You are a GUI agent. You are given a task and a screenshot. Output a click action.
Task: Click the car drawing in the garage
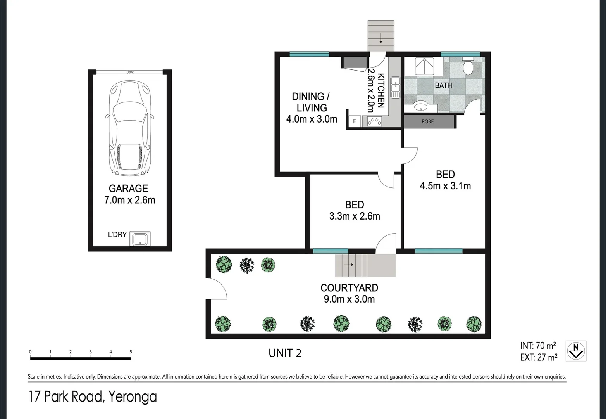coord(129,128)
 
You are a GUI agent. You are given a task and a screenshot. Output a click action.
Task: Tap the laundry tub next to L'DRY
coord(140,239)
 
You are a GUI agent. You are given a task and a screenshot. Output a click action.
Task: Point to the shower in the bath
coord(424,67)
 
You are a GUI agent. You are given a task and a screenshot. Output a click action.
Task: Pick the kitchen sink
coord(396,87)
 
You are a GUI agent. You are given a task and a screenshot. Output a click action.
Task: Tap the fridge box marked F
coord(355,121)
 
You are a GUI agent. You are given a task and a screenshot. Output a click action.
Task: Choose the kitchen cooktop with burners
coord(374,121)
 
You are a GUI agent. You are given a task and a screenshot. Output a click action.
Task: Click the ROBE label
coord(427,121)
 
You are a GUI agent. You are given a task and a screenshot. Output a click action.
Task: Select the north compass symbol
coord(576,351)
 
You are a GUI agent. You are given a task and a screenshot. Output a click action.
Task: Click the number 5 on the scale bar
coord(131,352)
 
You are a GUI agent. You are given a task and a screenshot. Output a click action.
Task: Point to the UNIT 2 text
coord(285,353)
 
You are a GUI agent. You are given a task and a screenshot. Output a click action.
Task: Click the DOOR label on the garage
coord(130,72)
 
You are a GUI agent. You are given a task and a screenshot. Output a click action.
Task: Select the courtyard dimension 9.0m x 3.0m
coord(349,299)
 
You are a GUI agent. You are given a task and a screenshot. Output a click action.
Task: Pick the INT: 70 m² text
coord(538,346)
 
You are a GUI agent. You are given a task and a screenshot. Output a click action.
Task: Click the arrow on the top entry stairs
coord(381,38)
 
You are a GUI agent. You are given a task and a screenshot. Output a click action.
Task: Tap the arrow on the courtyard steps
coord(349,265)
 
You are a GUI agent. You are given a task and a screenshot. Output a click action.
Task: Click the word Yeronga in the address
coord(133,397)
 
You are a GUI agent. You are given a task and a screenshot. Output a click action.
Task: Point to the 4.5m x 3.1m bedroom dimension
coord(445,186)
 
